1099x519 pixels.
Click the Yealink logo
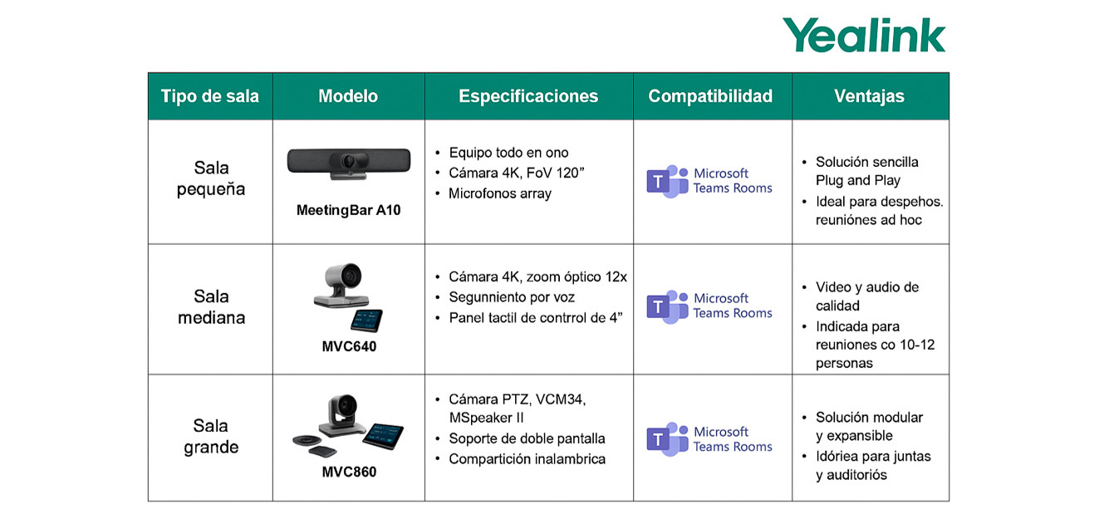click(864, 35)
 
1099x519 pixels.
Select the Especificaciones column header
click(528, 96)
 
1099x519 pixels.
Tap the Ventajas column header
click(870, 96)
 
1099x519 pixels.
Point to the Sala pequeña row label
click(211, 179)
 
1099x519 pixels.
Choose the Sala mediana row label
click(212, 307)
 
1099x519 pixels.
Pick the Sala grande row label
click(211, 436)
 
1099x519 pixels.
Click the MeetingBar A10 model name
click(348, 210)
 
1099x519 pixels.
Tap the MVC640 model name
click(349, 346)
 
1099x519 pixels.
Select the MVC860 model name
click(349, 472)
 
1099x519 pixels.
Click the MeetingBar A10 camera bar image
click(349, 164)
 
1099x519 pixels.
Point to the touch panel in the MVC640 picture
click(366, 321)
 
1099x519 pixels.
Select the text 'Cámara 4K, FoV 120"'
click(517, 174)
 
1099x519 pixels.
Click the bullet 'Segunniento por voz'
click(512, 297)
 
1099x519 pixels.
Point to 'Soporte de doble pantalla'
click(527, 438)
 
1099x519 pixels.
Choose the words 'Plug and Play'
click(858, 180)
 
